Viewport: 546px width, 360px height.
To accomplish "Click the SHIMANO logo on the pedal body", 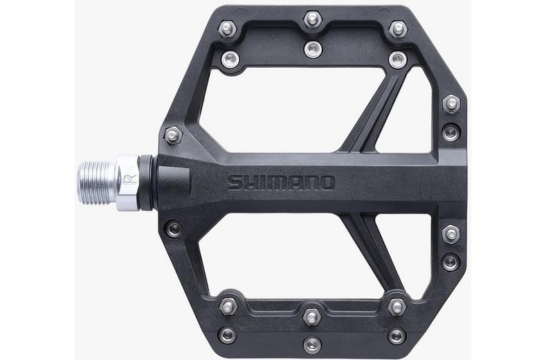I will (x=281, y=183).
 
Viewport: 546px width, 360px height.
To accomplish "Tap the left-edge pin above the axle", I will (x=173, y=133).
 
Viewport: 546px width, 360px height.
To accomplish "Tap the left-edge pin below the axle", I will (x=173, y=228).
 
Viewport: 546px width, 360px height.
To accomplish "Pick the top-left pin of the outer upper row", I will (x=228, y=29).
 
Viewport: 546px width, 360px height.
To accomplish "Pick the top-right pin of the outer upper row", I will (x=397, y=29).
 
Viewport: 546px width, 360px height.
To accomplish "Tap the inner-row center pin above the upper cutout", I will (x=313, y=48).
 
